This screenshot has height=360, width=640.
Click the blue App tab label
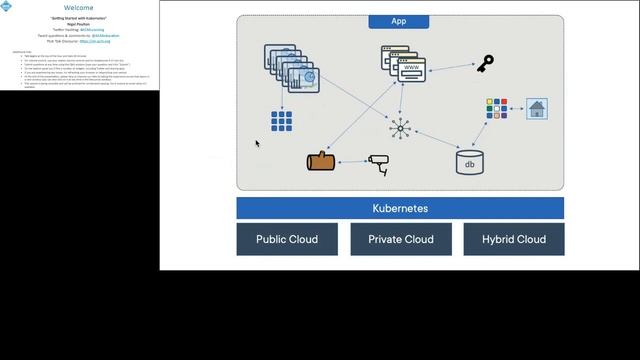[x=400, y=20]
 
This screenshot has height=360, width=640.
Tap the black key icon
[x=485, y=64]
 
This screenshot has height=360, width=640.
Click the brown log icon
[x=322, y=161]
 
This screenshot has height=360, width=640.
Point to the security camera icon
[x=378, y=163]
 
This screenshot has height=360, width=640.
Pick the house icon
[x=537, y=109]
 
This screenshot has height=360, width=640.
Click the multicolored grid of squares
[x=497, y=108]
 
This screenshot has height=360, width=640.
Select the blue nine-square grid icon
[x=281, y=122]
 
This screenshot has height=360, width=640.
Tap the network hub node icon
[x=401, y=127]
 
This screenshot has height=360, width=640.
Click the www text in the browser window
[x=411, y=69]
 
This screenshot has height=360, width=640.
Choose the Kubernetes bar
[x=400, y=208]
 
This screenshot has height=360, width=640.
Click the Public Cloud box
[x=287, y=239]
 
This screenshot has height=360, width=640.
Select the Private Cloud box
[x=400, y=239]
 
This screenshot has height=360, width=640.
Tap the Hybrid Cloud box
[x=514, y=239]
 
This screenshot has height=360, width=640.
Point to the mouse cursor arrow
[x=257, y=144]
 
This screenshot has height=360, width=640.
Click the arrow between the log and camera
[x=351, y=162]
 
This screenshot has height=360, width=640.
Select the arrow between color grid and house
[x=517, y=109]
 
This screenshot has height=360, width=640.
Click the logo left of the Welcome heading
[x=7, y=6]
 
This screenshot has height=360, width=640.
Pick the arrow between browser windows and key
[x=454, y=67]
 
